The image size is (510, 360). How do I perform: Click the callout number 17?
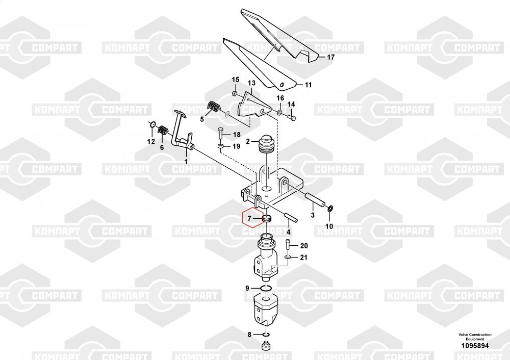[x=330, y=57]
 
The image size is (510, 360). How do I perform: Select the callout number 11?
[x=308, y=85]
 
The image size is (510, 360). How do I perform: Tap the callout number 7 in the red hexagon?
[x=249, y=219]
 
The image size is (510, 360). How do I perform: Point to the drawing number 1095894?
[x=475, y=346]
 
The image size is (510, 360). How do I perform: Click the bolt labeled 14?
[x=292, y=117]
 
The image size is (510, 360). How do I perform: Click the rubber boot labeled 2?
[x=267, y=146]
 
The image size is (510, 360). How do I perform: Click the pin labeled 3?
[x=314, y=199]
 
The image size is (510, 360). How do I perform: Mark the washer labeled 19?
[x=220, y=148]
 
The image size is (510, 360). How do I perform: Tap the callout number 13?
[x=252, y=83]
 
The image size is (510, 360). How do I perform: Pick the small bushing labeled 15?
[x=235, y=94]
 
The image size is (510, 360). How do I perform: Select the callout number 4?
[x=288, y=232]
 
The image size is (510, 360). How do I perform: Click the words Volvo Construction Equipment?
[x=475, y=337]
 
